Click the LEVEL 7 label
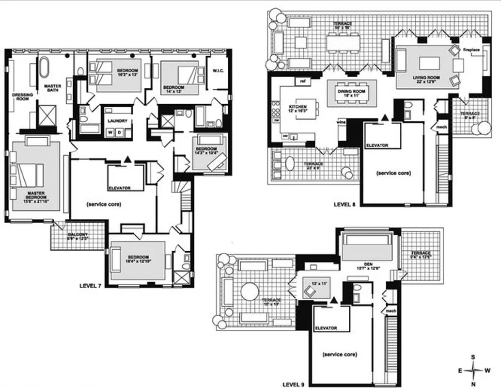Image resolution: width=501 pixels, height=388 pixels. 90,286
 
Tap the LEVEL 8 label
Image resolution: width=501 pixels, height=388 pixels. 344,204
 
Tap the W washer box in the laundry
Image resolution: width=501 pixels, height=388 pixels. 111,132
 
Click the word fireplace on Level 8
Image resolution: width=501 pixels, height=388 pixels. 471,50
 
